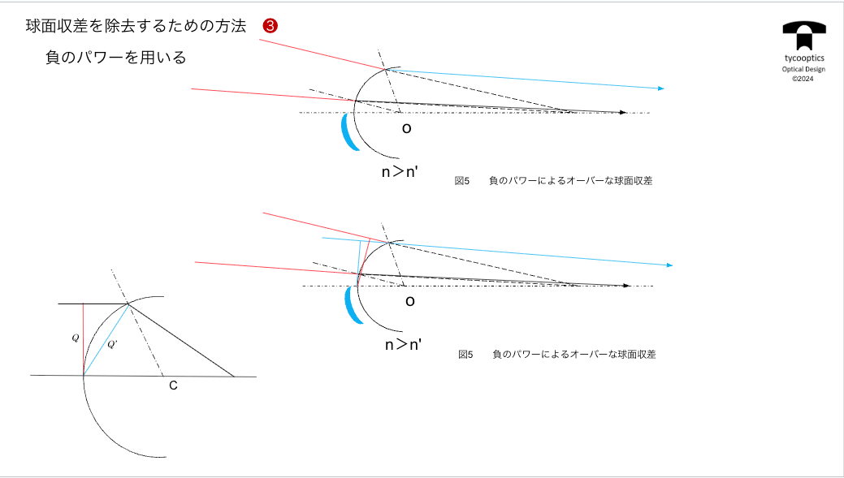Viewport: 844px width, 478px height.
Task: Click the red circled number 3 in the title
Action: click(x=271, y=26)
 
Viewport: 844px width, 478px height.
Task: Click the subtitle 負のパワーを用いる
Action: click(x=116, y=58)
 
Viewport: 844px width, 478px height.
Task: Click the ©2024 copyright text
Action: click(x=803, y=79)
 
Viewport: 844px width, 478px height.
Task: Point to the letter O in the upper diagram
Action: click(x=406, y=128)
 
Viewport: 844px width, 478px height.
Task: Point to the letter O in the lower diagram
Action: click(x=410, y=301)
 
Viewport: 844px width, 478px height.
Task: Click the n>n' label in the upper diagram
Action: click(x=400, y=171)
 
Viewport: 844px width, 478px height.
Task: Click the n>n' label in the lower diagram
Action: click(x=403, y=344)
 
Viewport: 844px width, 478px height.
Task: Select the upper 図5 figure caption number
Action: click(x=462, y=181)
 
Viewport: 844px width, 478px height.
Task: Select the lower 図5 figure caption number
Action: click(x=465, y=355)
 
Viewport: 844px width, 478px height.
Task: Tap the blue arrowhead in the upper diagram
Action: click(x=661, y=88)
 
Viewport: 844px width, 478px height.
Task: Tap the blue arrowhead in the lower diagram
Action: click(x=669, y=265)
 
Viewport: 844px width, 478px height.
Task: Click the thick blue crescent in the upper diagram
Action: click(x=348, y=133)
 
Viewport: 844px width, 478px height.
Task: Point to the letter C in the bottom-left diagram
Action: click(x=173, y=385)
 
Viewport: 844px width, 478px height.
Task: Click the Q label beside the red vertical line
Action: click(x=75, y=338)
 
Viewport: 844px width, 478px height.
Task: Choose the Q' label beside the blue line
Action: click(x=113, y=344)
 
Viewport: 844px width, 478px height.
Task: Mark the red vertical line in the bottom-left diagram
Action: click(x=83, y=339)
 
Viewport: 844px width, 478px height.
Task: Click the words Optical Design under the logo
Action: click(x=803, y=69)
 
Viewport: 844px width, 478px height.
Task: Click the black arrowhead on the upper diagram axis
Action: click(x=622, y=112)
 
